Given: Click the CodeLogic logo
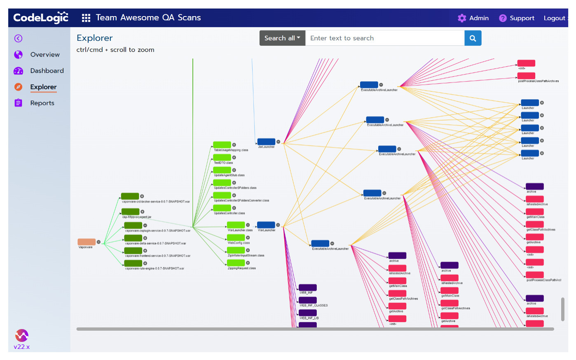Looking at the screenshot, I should pos(41,18).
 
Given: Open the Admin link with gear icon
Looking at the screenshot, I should pos(473,18).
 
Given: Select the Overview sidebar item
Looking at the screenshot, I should pos(44,55).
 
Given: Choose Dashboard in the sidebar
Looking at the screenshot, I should pos(47,71).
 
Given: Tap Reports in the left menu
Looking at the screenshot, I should pos(42,103).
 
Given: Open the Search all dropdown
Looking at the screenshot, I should pos(282,38).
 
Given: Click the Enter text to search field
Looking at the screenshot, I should pos(384,38).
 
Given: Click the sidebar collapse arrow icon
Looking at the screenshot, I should pos(18,38).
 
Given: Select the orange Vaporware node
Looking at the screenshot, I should pos(87,242).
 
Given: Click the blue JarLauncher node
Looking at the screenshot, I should pos(266,142).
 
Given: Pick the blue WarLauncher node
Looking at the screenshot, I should pos(266,225).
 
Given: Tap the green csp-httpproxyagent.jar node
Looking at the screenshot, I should pos(130,212).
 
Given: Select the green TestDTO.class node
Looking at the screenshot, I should pos(222,157).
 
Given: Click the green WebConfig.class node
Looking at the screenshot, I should pos(236,238).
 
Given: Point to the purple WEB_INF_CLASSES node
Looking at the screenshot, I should pos(307,300).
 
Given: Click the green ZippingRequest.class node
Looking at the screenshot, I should pos(236,263).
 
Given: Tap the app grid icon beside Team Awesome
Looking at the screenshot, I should pos(86,18).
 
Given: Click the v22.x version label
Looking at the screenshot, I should pos(21,347).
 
